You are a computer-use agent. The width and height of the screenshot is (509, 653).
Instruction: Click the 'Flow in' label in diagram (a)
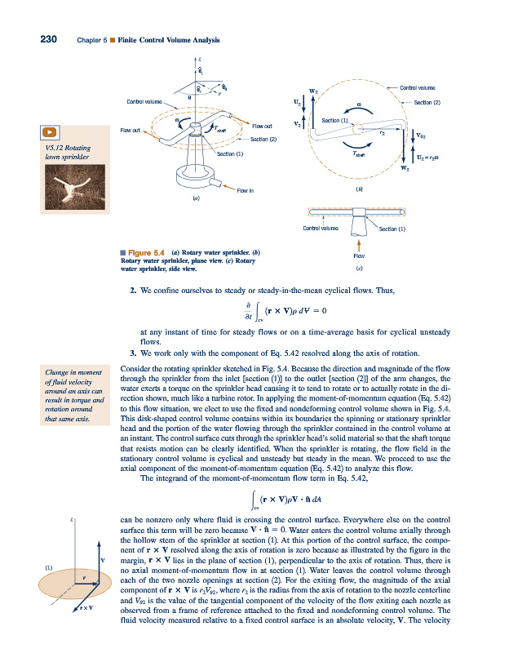(246, 190)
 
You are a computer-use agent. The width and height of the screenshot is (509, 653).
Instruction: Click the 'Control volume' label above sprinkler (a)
(143, 101)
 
